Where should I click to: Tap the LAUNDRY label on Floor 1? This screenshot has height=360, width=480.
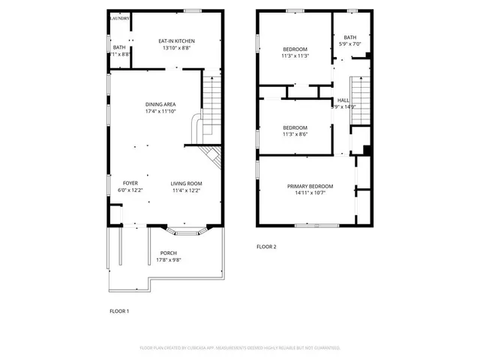tap(120, 18)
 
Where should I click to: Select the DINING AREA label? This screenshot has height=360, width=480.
tap(160, 104)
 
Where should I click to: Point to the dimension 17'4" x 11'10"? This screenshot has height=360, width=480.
tap(160, 112)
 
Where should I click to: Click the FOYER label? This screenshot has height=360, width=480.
tap(130, 183)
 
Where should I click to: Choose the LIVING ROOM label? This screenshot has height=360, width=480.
tap(186, 183)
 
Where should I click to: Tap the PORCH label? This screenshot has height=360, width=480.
tap(168, 253)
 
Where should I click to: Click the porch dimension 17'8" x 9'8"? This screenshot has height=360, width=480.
tap(168, 260)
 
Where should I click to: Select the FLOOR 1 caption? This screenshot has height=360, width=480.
tap(119, 310)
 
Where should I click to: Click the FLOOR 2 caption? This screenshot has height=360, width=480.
tap(266, 247)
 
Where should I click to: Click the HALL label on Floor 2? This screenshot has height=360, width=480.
tap(343, 100)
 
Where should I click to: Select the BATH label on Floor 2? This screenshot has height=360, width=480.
tap(350, 37)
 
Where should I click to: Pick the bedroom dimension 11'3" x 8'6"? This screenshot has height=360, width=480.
tap(295, 134)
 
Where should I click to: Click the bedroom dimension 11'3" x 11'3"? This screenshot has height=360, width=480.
tap(295, 55)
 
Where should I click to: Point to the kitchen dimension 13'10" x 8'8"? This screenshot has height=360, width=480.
tap(175, 48)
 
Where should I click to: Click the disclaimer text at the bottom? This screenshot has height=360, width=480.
tap(240, 348)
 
